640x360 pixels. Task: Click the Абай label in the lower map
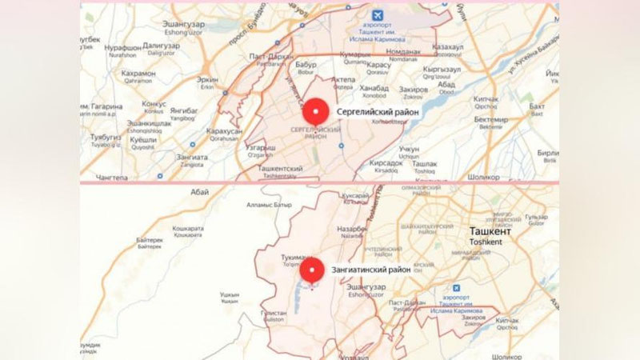200,192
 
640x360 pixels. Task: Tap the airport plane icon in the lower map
457,288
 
